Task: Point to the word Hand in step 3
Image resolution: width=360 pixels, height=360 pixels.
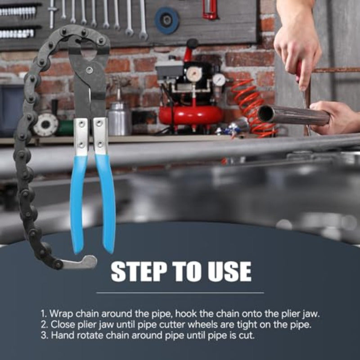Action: click(x=63, y=335)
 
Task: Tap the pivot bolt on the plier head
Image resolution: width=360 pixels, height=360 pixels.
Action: click(x=90, y=70)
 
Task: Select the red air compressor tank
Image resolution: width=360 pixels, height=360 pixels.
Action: click(x=190, y=115)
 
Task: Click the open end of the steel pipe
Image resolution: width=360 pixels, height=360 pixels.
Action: click(x=266, y=114)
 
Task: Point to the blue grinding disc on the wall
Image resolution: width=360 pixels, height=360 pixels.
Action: click(x=167, y=20)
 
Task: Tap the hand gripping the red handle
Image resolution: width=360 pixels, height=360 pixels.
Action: click(x=296, y=44)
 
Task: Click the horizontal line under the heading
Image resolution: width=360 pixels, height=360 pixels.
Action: click(x=180, y=293)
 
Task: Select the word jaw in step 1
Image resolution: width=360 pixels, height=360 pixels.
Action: click(x=312, y=314)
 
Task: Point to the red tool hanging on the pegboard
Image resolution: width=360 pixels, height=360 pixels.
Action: click(x=209, y=9)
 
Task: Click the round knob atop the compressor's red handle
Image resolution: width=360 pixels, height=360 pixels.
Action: click(x=192, y=43)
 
